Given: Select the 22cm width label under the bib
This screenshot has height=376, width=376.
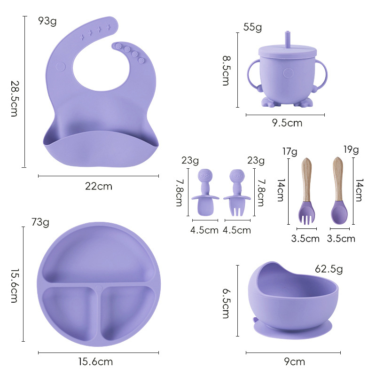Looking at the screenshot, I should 99,186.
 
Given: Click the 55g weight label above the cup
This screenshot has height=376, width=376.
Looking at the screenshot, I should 252,27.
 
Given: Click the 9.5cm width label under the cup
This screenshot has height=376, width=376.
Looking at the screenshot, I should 287,123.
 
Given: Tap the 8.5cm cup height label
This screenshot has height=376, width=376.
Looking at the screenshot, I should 226,69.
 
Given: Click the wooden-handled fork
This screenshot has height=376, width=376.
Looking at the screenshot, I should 306,193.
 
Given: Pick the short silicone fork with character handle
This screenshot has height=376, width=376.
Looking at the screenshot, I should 236,194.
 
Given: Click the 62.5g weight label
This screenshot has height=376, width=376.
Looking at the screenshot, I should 329,269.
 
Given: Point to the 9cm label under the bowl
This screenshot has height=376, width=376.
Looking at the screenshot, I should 295,362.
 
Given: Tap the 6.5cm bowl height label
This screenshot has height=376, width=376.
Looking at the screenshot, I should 226,304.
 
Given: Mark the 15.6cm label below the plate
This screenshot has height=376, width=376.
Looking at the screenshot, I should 95,362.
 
